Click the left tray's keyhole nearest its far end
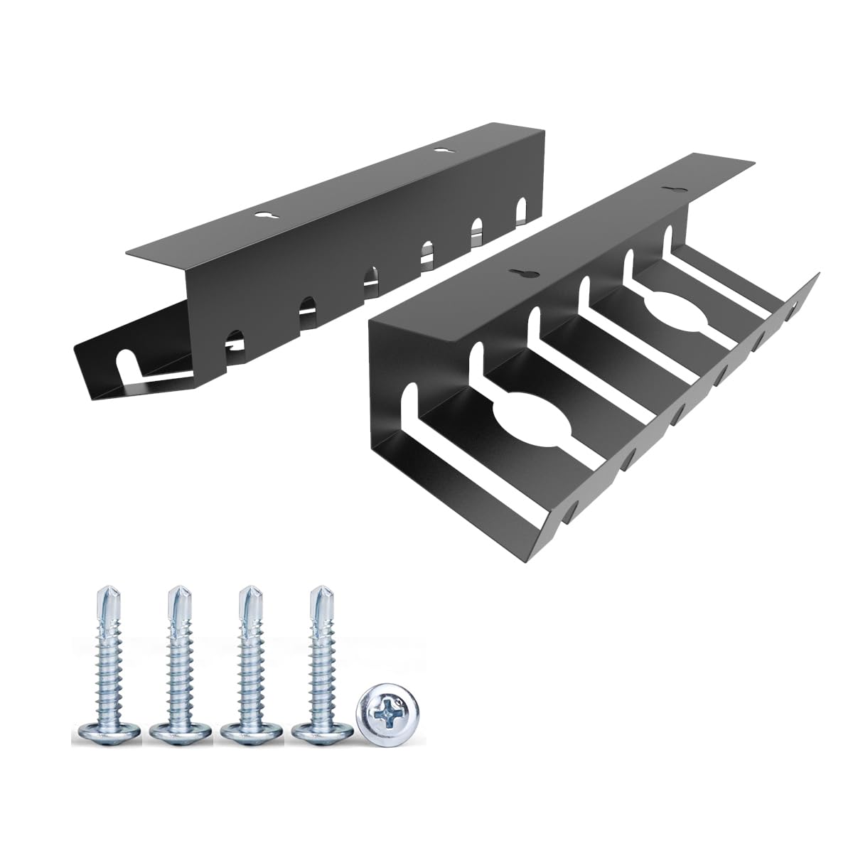439,151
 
